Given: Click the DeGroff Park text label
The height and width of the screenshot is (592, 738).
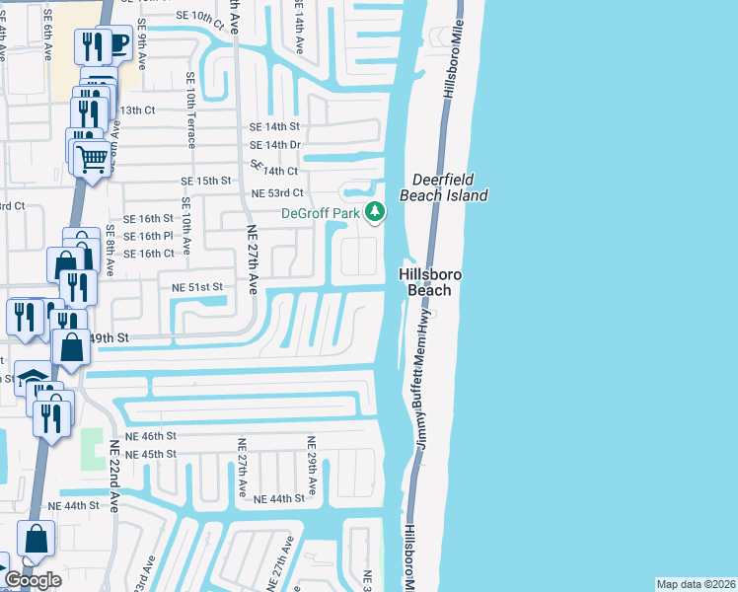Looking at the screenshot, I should click(320, 212).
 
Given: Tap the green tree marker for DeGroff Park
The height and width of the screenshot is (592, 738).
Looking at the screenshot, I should click(375, 212).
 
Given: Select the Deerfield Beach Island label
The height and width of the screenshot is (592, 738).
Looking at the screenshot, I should click(443, 187).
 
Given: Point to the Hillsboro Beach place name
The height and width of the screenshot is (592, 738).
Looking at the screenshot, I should click(425, 281).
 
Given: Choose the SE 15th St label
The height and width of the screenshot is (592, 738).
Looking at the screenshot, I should click(205, 182).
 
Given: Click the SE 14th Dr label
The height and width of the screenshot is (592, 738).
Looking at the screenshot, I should click(274, 145).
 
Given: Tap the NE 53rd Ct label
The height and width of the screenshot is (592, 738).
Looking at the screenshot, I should click(277, 193).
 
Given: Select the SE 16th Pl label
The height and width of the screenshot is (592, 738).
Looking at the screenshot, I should click(148, 236).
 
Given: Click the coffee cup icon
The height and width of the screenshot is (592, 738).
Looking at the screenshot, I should click(117, 43).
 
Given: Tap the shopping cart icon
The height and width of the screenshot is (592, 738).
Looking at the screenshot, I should click(92, 158).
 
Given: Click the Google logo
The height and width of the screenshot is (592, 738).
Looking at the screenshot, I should click(33, 580).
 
